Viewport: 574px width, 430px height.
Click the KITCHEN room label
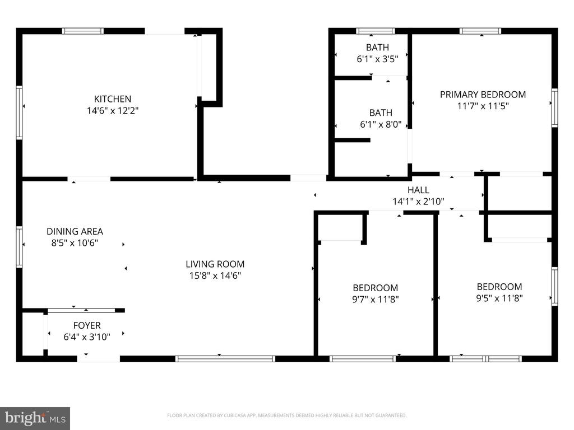(x=112, y=99)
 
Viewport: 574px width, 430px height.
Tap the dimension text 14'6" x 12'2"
(x=112, y=110)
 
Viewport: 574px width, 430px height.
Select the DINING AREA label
(x=75, y=231)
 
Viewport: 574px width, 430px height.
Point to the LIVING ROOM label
(x=215, y=264)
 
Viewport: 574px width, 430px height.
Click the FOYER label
(x=87, y=325)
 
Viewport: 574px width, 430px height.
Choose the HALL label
(x=418, y=190)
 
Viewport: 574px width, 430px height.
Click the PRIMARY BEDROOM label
(x=483, y=95)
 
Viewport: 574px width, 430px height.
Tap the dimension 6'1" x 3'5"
(x=377, y=59)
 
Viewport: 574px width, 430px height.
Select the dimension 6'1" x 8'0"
(x=381, y=124)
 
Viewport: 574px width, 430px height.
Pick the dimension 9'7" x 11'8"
(x=375, y=300)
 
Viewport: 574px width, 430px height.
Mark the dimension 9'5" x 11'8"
(x=499, y=298)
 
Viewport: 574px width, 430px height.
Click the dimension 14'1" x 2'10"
(x=418, y=202)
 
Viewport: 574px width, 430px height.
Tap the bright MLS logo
(x=35, y=418)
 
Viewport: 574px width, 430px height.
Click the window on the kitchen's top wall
(x=83, y=31)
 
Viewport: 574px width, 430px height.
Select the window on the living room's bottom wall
(x=225, y=359)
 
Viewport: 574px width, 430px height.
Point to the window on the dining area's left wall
(x=19, y=247)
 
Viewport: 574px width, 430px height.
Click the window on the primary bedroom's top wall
(x=480, y=31)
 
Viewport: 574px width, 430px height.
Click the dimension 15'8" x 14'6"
(x=215, y=275)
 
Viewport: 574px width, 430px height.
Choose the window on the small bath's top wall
(x=376, y=31)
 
